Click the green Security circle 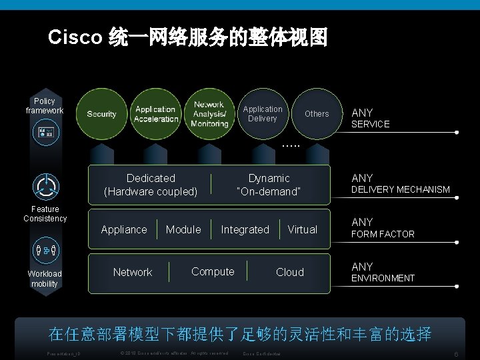[101, 114]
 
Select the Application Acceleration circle [155, 114]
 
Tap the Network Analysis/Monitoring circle [209, 114]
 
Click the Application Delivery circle [262, 114]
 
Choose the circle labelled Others [317, 114]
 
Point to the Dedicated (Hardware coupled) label [151, 185]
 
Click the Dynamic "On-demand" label [269, 185]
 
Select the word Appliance [123, 229]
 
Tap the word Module [183, 229]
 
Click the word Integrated [245, 229]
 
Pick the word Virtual [302, 229]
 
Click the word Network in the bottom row [132, 272]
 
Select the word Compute [213, 271]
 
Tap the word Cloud [289, 272]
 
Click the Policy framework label [45, 106]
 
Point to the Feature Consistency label [45, 214]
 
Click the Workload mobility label [45, 279]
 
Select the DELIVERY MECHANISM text [400, 190]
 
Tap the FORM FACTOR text [383, 235]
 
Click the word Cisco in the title [74, 38]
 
